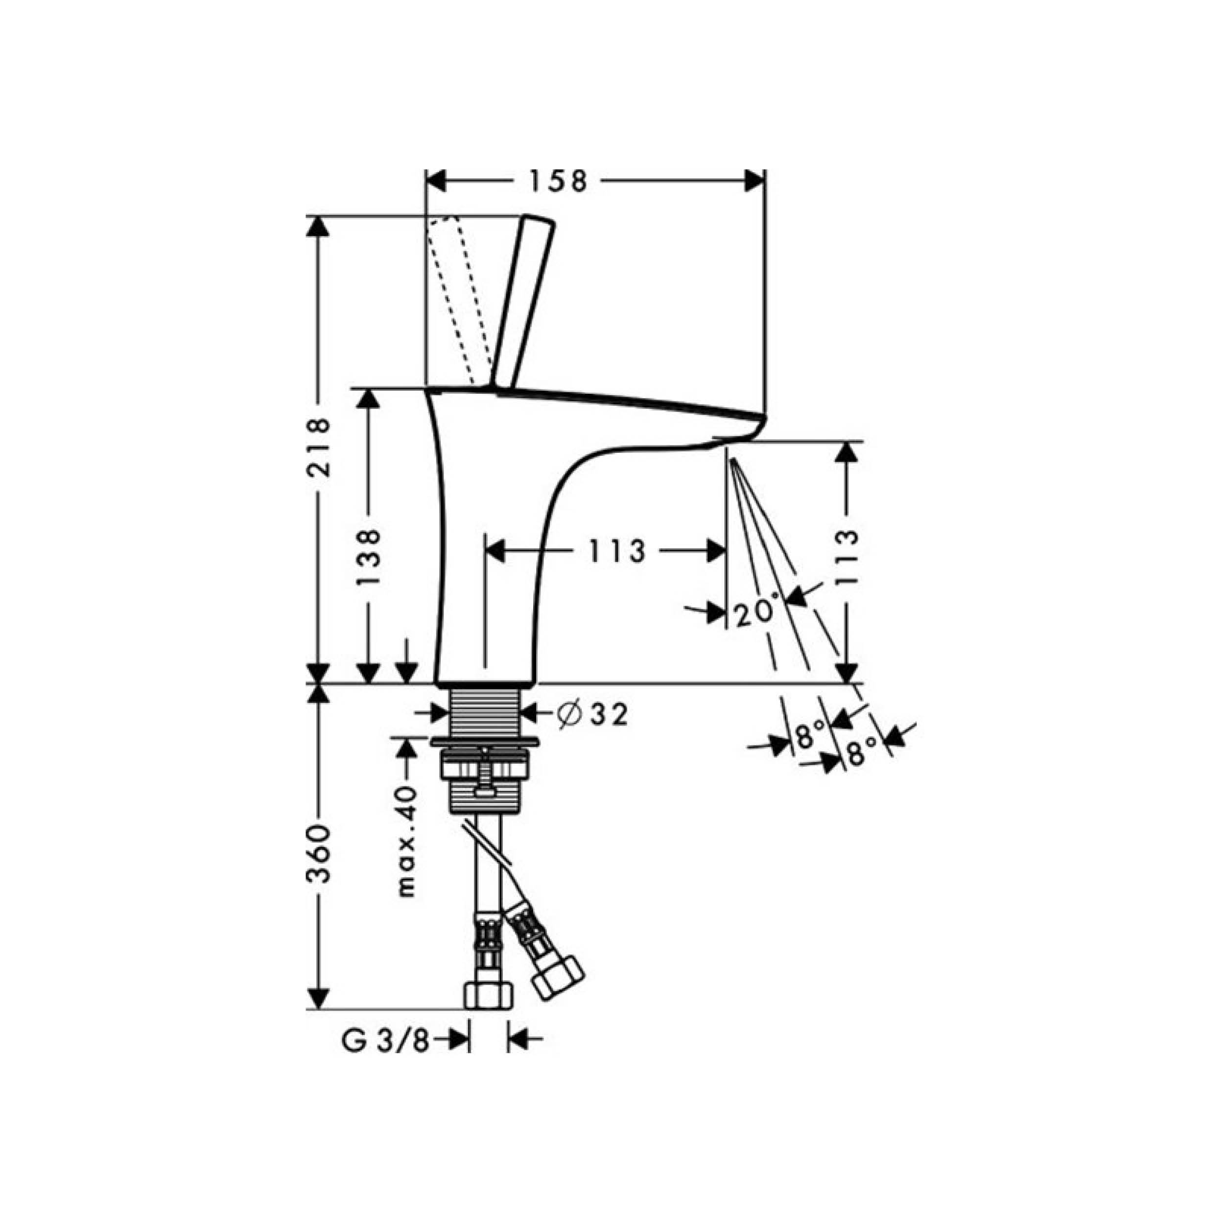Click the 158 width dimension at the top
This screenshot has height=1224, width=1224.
pyautogui.click(x=559, y=181)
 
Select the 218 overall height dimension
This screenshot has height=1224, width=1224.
pyautogui.click(x=318, y=447)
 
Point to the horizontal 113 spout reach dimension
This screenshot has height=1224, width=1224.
pyautogui.click(x=616, y=551)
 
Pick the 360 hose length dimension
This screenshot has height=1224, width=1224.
pyautogui.click(x=318, y=854)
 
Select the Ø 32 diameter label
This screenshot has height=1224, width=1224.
pyautogui.click(x=593, y=715)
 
